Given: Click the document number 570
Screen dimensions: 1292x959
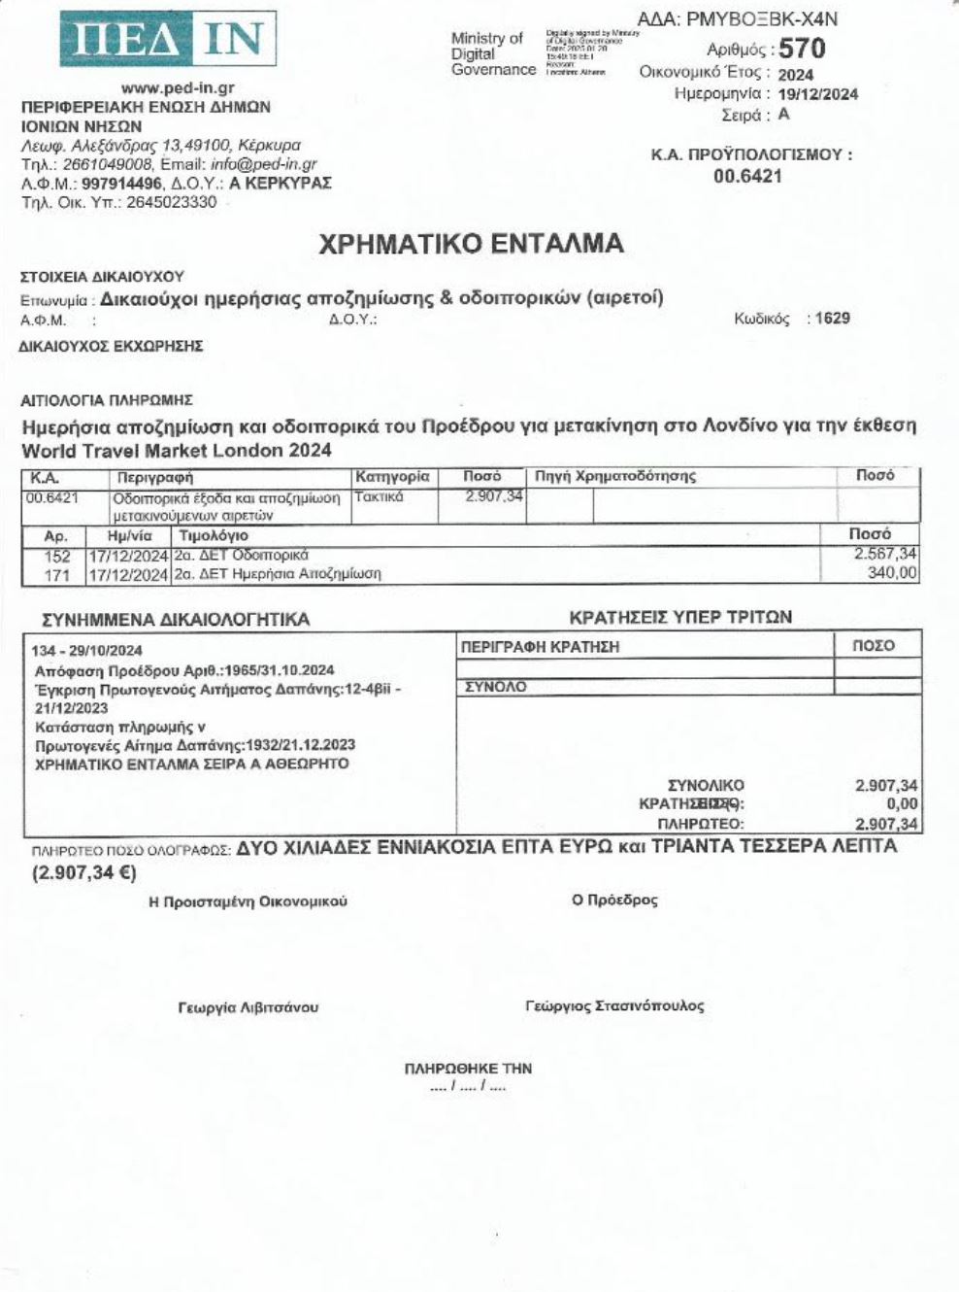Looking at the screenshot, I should click(x=802, y=48).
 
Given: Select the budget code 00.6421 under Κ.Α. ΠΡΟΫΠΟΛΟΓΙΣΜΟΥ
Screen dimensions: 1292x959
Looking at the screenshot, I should click(x=747, y=176).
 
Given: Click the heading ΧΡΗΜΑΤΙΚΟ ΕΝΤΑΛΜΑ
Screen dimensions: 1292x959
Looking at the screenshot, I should click(x=472, y=243).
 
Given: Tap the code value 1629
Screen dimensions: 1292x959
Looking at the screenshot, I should click(x=833, y=318).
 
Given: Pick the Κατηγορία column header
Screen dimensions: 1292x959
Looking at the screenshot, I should click(x=392, y=477).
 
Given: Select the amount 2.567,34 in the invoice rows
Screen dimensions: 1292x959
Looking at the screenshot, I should click(x=884, y=554).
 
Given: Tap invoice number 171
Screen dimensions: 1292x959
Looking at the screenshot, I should click(x=58, y=574).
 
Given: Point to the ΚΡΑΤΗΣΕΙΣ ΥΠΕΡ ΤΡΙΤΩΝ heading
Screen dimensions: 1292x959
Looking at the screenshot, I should click(x=680, y=617).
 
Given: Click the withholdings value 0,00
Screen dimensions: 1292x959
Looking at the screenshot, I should click(x=902, y=804).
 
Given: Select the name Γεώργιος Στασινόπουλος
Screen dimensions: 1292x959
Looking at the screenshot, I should click(x=614, y=1006).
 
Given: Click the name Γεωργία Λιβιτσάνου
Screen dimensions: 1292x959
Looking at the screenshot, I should click(x=248, y=1007).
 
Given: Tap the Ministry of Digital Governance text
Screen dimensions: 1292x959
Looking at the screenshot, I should click(x=493, y=53).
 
